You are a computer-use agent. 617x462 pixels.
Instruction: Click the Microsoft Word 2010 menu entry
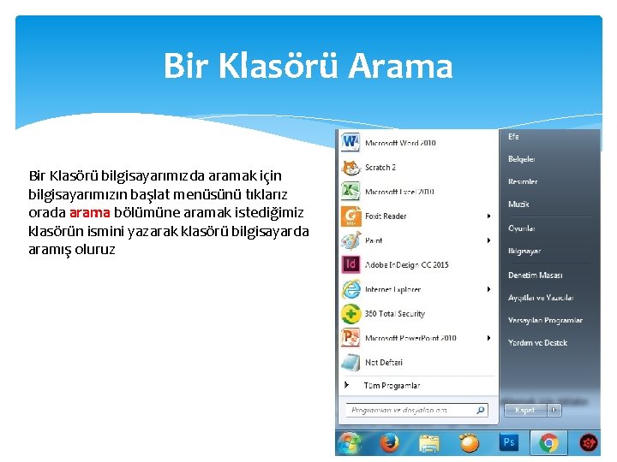tap(400, 143)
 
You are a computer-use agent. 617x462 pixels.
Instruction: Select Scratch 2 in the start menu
tap(380, 168)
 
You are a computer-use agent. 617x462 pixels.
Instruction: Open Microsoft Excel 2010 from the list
tap(399, 192)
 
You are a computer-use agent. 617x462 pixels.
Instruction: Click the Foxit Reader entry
tap(386, 216)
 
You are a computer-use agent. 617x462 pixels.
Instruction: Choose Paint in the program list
tap(374, 241)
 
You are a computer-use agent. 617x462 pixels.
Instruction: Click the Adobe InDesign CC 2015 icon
tap(350, 265)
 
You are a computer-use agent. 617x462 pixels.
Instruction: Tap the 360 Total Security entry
tap(394, 314)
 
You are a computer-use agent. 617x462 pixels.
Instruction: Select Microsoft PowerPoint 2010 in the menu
tap(410, 338)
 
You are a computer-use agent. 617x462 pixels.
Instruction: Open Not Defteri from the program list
tap(383, 363)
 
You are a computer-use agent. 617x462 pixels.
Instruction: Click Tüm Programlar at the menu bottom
tap(392, 386)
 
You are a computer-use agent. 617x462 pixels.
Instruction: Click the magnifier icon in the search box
tap(481, 411)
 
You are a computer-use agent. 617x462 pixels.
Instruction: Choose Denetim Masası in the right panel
tap(535, 275)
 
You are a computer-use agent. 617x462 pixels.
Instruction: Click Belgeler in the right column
tap(521, 159)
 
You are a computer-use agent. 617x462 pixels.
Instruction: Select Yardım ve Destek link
tap(537, 343)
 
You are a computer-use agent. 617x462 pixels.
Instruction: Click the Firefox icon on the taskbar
tap(389, 443)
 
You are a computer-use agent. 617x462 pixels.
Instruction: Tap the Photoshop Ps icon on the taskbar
tap(509, 443)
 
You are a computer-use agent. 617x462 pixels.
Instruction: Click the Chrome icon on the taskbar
tap(548, 443)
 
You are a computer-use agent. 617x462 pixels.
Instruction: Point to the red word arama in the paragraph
tap(89, 212)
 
